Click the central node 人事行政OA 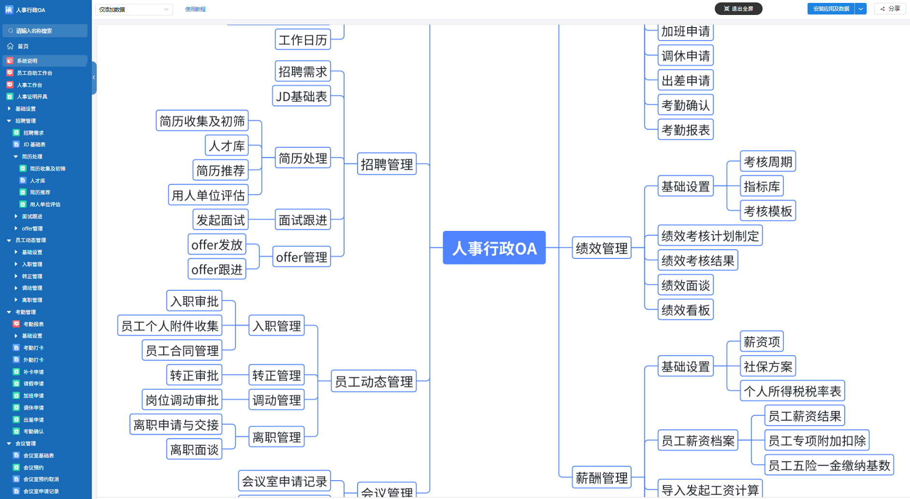coord(494,248)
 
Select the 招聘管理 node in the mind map coord(387,164)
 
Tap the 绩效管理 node coord(601,248)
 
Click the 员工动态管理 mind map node coord(374,382)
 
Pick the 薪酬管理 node coord(601,478)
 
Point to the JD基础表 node coord(302,97)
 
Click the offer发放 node coord(217,245)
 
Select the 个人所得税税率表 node coord(792,391)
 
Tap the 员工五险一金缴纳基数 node coord(829,465)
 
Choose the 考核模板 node coord(767,211)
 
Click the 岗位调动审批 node coord(182,400)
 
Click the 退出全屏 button coord(738,9)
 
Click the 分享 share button coord(890,9)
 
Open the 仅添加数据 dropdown coord(134,9)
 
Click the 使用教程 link coord(195,9)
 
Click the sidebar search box coord(45,31)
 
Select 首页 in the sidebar coord(23,46)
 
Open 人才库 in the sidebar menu coord(37,181)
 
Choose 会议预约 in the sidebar coord(33,468)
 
